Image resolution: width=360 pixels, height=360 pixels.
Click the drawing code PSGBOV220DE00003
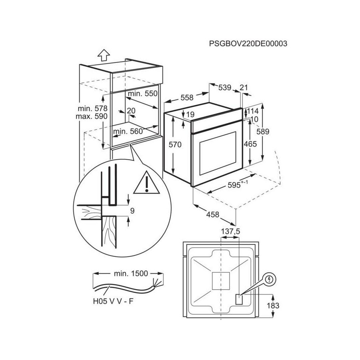[x=248, y=44]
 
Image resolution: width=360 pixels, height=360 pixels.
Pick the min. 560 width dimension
[x=128, y=131]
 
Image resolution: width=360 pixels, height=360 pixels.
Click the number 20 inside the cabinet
[x=131, y=111]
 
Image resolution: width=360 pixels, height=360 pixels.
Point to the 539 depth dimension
[x=224, y=88]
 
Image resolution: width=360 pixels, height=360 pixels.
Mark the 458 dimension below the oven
[x=212, y=214]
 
